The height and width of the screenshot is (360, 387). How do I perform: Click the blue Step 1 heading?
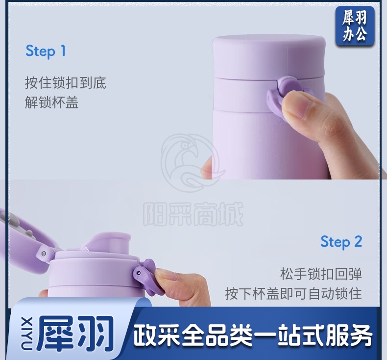point(46,51)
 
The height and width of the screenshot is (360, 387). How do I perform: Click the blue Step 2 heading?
point(341,242)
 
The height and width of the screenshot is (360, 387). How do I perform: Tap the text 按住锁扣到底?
point(66,83)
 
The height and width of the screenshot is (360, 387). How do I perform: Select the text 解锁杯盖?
point(51,103)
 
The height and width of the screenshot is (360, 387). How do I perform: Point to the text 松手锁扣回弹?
point(321,274)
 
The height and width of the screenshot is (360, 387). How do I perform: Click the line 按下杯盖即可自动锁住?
point(293,293)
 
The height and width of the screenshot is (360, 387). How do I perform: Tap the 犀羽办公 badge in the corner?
point(355,26)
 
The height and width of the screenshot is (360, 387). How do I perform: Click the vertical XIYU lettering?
point(26,334)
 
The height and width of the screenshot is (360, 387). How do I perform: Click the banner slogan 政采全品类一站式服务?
point(252,335)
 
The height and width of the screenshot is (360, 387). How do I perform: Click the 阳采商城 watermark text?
point(193,214)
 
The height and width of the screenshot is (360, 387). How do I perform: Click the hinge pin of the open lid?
point(44,254)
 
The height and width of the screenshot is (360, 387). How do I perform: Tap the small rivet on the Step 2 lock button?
point(139,273)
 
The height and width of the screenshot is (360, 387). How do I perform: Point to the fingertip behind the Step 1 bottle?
point(207,168)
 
